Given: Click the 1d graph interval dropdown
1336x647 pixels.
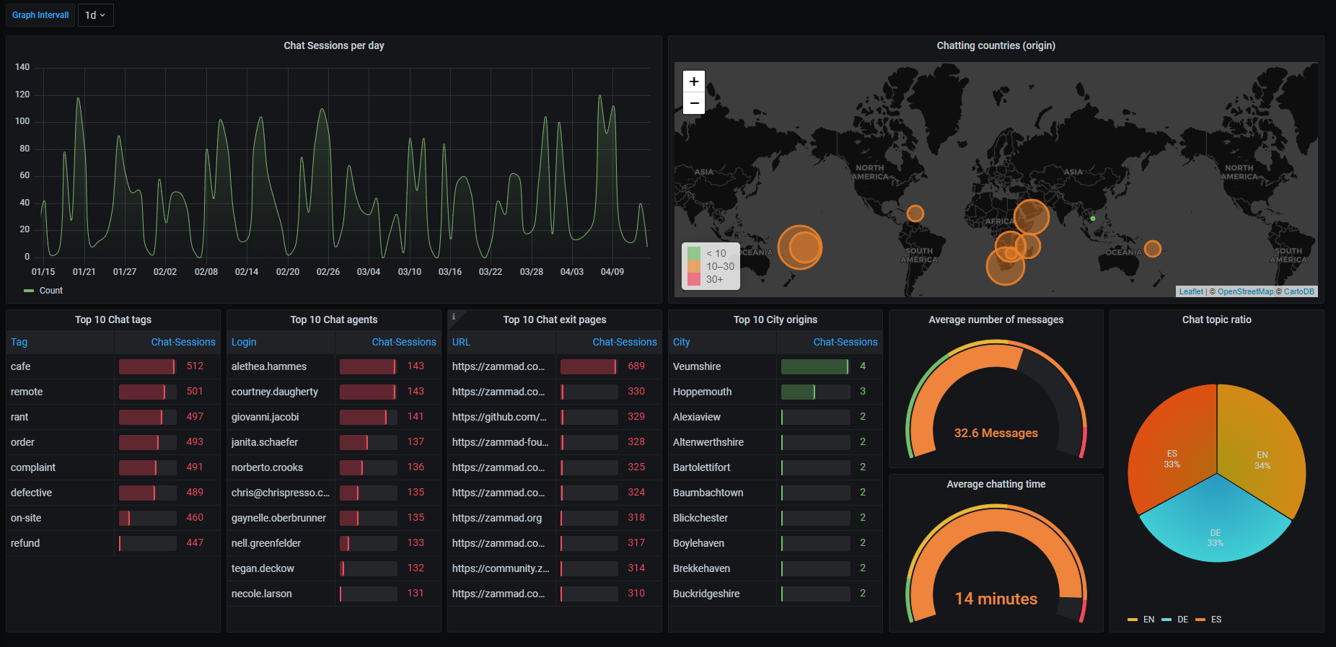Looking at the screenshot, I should (x=95, y=15).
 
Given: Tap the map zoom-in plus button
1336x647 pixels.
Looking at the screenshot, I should (x=694, y=82).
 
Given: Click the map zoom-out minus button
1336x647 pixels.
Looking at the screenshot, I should (x=694, y=103).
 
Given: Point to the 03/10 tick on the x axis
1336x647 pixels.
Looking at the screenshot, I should (x=410, y=272).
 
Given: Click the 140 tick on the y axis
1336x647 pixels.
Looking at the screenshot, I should (x=22, y=67).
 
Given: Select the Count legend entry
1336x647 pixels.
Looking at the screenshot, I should (x=50, y=291).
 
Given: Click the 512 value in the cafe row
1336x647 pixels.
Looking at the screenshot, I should (x=195, y=366).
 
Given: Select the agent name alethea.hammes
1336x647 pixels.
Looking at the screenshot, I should (x=269, y=366).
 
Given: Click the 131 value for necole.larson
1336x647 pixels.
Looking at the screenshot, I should (x=416, y=594).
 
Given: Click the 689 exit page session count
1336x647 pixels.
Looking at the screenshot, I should (x=636, y=366).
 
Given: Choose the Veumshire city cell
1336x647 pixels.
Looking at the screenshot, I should (x=697, y=366).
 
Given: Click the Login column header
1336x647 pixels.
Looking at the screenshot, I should (x=244, y=342).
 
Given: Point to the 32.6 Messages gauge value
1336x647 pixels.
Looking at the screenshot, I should (x=996, y=433).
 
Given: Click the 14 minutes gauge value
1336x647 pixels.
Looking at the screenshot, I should (x=996, y=599).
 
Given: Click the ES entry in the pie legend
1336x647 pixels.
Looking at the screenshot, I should (x=1216, y=620).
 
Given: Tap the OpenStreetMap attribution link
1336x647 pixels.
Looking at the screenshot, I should (x=1245, y=291).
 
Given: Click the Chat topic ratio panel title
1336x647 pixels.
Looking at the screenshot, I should (x=1216, y=320).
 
